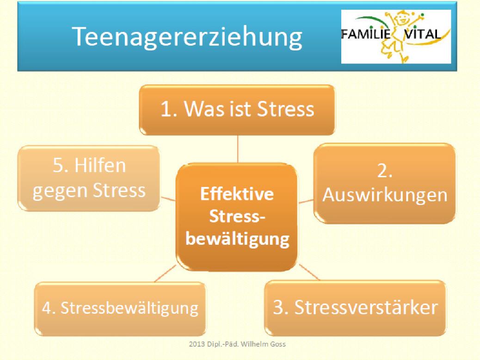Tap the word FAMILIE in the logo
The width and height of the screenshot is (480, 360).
(x=366, y=34)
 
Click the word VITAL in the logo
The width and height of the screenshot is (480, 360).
(x=423, y=34)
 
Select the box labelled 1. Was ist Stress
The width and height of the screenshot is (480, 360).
(x=237, y=110)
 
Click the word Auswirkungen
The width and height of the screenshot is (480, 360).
(x=385, y=195)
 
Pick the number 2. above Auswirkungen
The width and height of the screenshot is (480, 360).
(x=384, y=170)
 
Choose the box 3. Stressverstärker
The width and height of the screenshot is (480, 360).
(x=355, y=308)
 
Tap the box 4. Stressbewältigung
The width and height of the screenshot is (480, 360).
(x=120, y=309)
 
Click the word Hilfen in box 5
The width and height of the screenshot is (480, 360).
(x=100, y=165)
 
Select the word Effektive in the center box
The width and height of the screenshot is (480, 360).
(x=237, y=194)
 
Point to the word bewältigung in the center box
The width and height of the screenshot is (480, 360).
(x=237, y=239)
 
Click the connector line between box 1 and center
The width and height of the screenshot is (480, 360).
(x=238, y=149)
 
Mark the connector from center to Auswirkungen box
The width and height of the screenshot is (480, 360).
(x=306, y=201)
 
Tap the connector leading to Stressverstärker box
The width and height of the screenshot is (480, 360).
(x=309, y=272)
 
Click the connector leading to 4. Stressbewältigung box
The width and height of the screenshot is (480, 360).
(x=166, y=273)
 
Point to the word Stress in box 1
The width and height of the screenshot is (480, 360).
(x=286, y=109)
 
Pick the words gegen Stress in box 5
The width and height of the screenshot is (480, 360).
(x=89, y=191)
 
